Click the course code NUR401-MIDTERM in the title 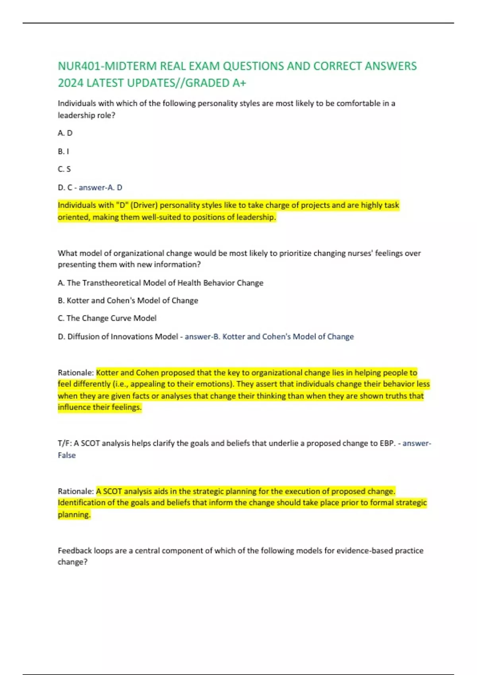click(107, 66)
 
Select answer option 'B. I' click(63, 151)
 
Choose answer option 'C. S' click(64, 169)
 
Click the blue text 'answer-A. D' click(100, 187)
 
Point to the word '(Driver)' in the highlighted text click(143, 205)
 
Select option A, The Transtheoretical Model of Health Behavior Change click(161, 283)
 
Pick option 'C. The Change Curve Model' click(107, 318)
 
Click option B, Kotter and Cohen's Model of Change click(128, 301)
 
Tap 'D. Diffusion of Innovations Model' click(118, 337)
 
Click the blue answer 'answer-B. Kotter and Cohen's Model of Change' click(269, 337)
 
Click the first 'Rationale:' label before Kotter click(76, 372)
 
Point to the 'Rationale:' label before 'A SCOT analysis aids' click(76, 491)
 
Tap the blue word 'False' click(66, 455)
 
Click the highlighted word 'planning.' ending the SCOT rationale click(74, 515)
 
